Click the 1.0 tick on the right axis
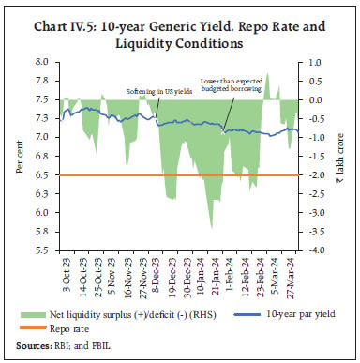[x=316, y=62]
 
